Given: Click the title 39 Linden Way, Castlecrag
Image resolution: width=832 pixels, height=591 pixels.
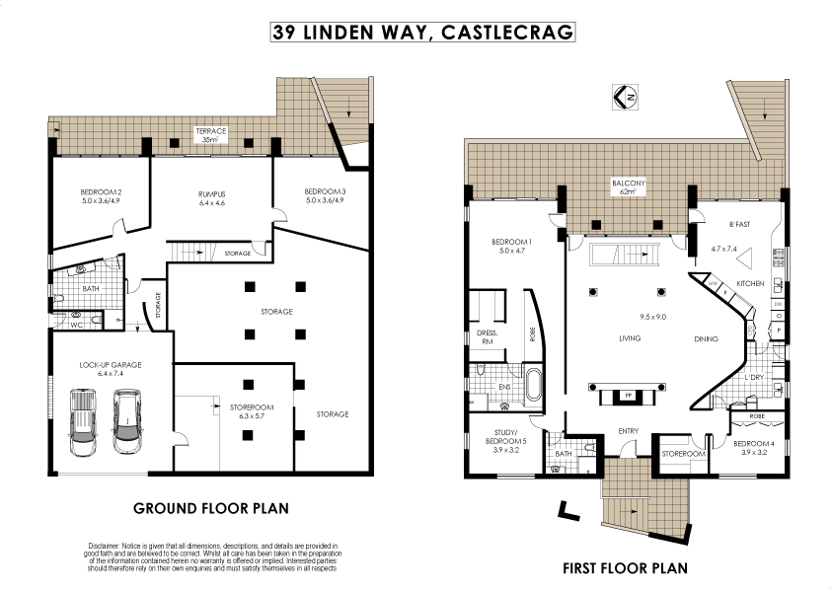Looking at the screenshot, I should pos(422,33).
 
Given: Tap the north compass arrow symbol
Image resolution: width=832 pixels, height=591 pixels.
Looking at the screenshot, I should pos(625,97).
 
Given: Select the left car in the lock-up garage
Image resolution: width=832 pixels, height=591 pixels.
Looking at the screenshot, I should pos(83,422).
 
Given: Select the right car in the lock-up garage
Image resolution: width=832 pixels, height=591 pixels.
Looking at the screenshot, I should pos(125,421).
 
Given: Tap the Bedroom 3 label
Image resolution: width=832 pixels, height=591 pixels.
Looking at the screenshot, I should pos(324,195).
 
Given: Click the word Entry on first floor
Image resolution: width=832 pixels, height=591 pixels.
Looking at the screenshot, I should pos(628,431).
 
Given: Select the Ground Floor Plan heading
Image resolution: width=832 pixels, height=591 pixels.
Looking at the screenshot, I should pos(210,509).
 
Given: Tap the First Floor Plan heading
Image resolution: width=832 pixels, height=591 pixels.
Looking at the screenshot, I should pos(624,568).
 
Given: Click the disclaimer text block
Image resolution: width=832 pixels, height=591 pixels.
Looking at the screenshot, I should pos(212,556).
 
